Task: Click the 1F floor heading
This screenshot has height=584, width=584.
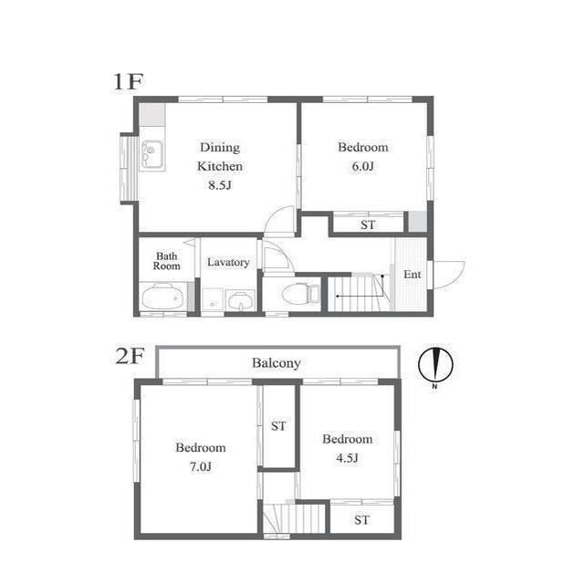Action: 128,81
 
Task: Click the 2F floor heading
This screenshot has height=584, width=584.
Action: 130,356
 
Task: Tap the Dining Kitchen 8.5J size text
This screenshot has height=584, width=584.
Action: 220,185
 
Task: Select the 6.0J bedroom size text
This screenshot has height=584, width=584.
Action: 363,166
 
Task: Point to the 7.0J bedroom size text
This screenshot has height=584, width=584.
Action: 201,466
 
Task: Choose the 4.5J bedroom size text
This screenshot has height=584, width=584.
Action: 347,458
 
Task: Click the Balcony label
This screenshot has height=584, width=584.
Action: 276,363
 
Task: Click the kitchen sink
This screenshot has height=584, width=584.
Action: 152,155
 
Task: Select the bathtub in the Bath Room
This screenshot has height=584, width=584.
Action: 163,297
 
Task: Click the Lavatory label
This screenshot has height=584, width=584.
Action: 228,262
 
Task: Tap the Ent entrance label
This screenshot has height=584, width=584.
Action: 412,275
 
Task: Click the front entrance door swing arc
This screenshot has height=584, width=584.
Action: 459,278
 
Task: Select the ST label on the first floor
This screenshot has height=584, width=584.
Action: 368,225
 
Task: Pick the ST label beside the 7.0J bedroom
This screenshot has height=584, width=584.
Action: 278,426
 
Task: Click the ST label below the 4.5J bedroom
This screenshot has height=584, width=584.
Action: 361,520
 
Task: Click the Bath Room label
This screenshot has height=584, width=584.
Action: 166,261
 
